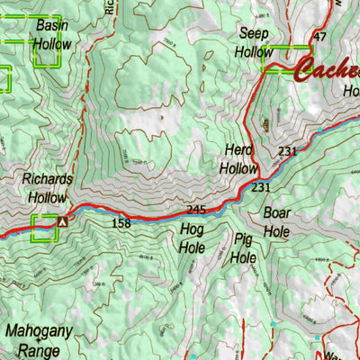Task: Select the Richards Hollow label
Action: [x=49, y=187]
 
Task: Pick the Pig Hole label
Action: [x=244, y=247]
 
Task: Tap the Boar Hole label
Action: [x=277, y=221]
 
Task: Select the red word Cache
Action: [x=328, y=68]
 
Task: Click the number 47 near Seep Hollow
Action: [x=319, y=37]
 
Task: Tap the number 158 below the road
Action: [x=122, y=222]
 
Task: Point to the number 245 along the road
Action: [x=196, y=210]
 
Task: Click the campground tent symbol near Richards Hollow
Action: [x=62, y=220]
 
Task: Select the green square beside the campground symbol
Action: [x=42, y=229]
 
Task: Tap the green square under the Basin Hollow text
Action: [x=47, y=54]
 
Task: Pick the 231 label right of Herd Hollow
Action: [x=287, y=151]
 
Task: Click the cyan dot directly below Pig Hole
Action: [x=272, y=323]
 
